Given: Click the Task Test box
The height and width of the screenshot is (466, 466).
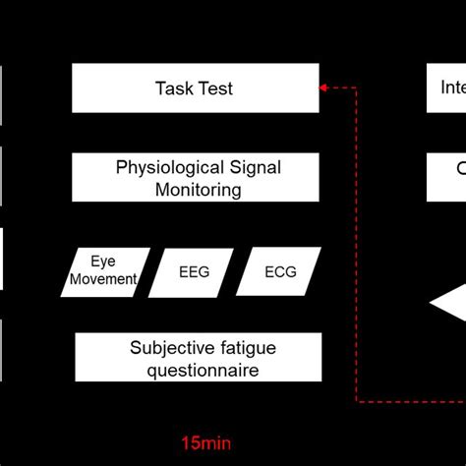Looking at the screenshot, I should click(x=195, y=88).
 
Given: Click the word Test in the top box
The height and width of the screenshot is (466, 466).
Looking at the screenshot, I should click(x=215, y=88).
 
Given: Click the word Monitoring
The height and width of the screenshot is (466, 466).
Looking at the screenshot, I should click(x=197, y=189).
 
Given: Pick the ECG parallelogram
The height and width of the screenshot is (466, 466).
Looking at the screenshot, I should click(x=280, y=271).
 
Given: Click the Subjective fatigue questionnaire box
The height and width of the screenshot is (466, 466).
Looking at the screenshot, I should click(x=197, y=358).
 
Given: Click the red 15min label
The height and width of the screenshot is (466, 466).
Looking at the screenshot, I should click(x=208, y=441).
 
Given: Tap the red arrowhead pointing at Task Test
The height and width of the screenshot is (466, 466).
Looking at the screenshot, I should click(x=324, y=88).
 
